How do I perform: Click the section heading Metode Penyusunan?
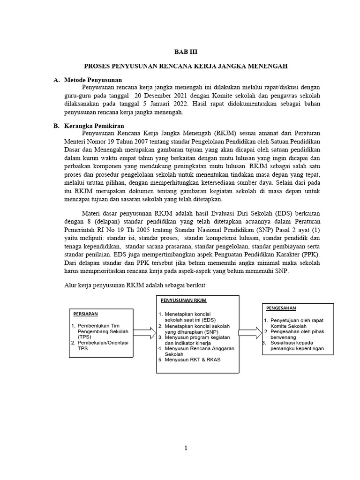[92, 80]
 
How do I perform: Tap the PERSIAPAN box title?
[85, 313]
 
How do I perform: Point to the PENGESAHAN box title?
[281, 308]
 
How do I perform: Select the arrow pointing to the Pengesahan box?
[249, 332]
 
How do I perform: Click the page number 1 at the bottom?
[186, 448]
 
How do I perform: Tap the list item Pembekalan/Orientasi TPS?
[99, 345]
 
